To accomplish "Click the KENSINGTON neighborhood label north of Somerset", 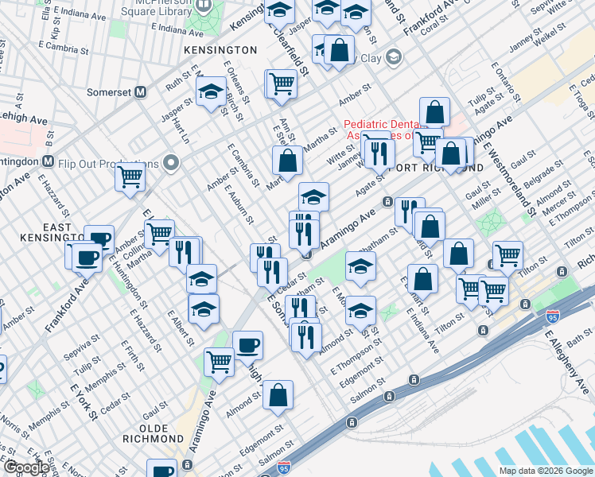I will (x=220, y=49).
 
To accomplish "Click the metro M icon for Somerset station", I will (x=141, y=91).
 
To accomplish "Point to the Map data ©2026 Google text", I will (x=546, y=471).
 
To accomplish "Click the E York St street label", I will (x=84, y=402).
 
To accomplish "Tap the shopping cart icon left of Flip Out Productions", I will (x=130, y=176).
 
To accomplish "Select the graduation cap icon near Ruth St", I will (x=210, y=92).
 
